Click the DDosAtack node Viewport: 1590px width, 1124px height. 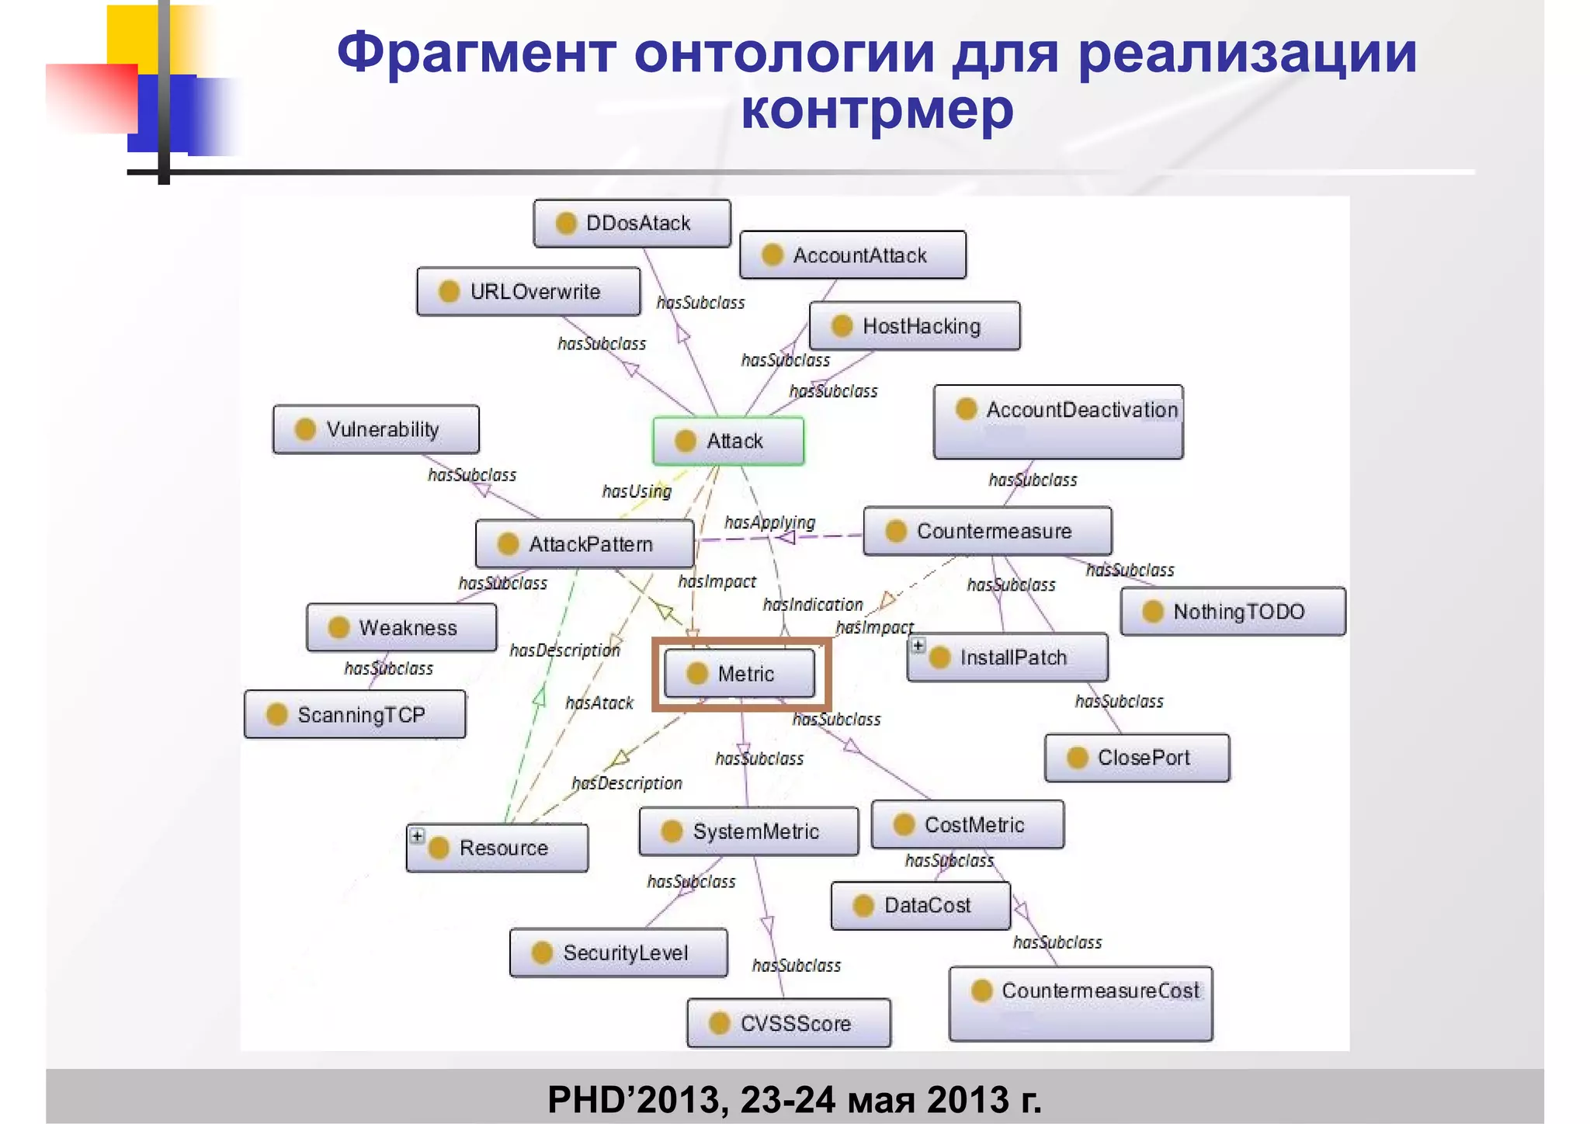(x=632, y=224)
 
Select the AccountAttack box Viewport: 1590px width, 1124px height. (x=852, y=255)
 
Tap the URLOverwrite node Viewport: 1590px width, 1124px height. (x=528, y=292)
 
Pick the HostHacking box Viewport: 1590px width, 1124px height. (x=915, y=326)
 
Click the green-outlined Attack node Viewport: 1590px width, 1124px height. (x=728, y=441)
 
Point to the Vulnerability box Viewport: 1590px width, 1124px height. (x=376, y=429)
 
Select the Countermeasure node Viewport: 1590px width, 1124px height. (x=987, y=531)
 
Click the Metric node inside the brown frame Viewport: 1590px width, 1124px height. (x=739, y=674)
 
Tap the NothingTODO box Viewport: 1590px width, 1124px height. (x=1233, y=612)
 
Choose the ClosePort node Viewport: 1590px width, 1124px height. (x=1137, y=758)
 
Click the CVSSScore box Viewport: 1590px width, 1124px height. (x=789, y=1023)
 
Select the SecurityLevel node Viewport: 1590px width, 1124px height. (x=618, y=952)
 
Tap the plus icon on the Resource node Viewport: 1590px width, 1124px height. (x=418, y=836)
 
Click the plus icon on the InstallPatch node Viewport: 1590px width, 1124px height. (x=918, y=645)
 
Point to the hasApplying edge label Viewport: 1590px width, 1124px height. (x=769, y=522)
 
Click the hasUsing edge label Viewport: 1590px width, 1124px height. (x=637, y=491)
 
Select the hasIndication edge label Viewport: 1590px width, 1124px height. (x=812, y=605)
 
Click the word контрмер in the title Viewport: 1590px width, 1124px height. (x=877, y=109)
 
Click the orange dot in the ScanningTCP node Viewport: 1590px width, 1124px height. (x=277, y=714)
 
